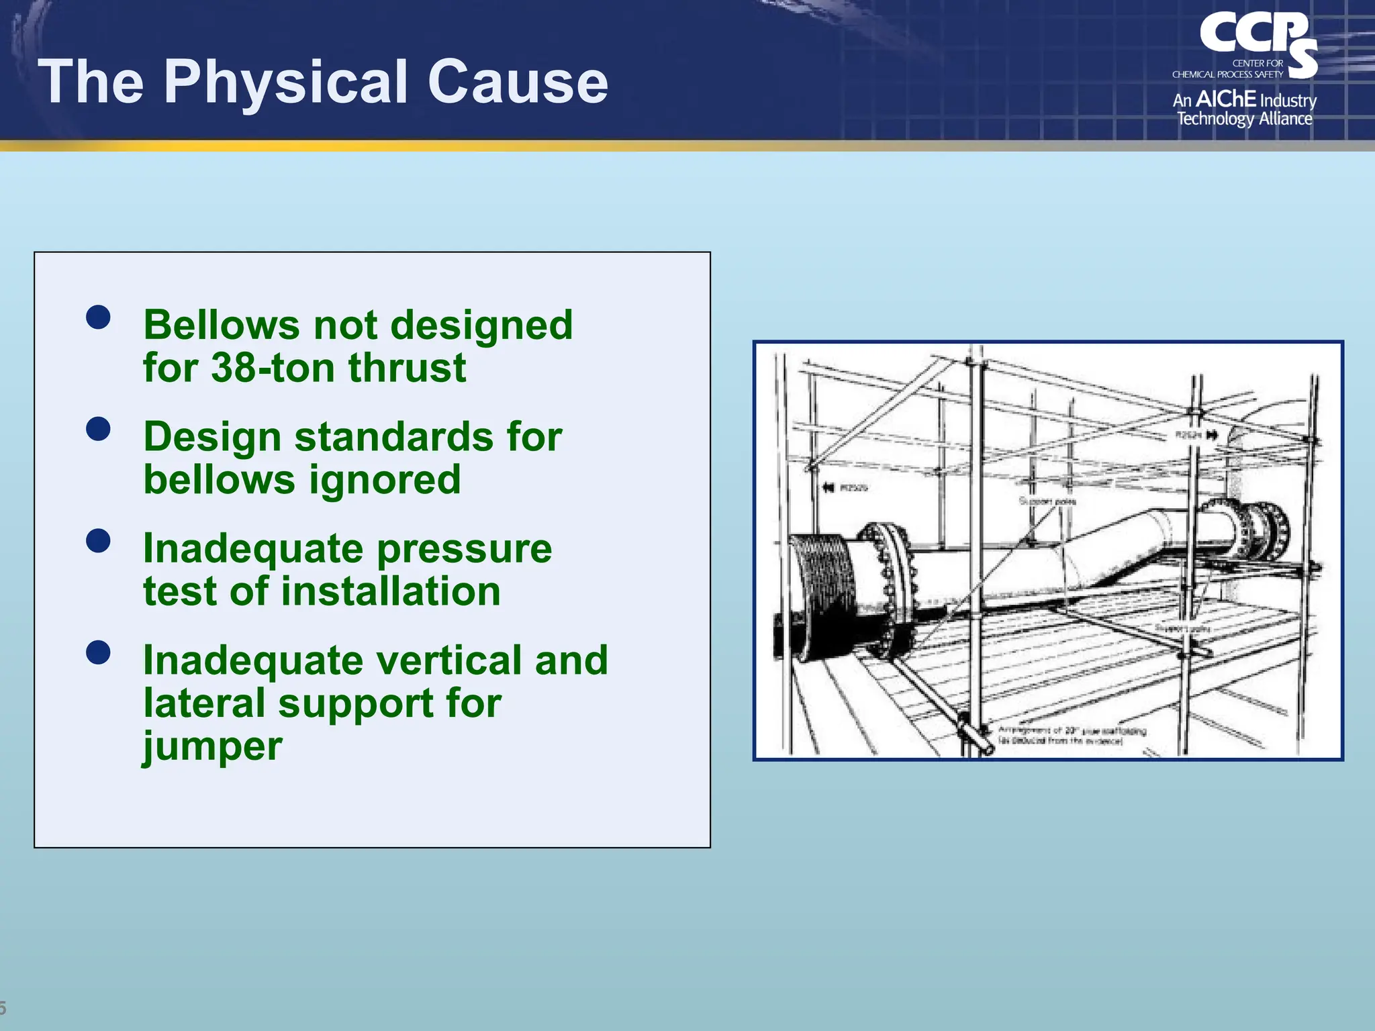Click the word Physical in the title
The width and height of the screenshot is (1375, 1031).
287,82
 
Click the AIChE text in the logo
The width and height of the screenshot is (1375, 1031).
1226,99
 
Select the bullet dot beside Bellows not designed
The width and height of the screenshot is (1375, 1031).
98,317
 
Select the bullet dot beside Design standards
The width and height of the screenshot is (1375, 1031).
98,429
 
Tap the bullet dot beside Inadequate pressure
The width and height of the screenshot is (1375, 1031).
98,540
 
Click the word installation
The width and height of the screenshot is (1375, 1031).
390,591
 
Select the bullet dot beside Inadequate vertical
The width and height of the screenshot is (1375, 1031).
98,652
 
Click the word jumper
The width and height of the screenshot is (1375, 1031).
212,746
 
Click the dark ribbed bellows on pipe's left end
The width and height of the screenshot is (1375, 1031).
820,594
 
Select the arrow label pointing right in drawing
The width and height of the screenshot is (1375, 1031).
1196,436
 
